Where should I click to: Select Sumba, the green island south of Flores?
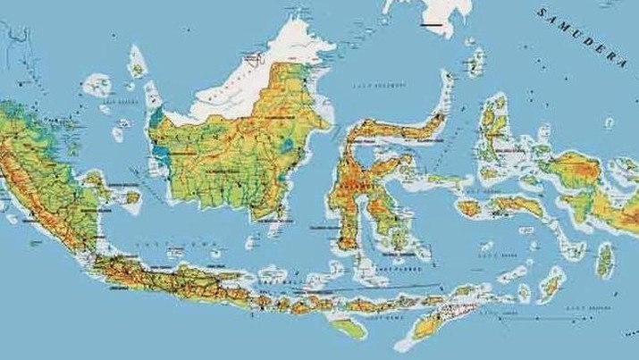click(349, 328)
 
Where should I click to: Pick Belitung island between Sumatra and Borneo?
click(131, 197)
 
